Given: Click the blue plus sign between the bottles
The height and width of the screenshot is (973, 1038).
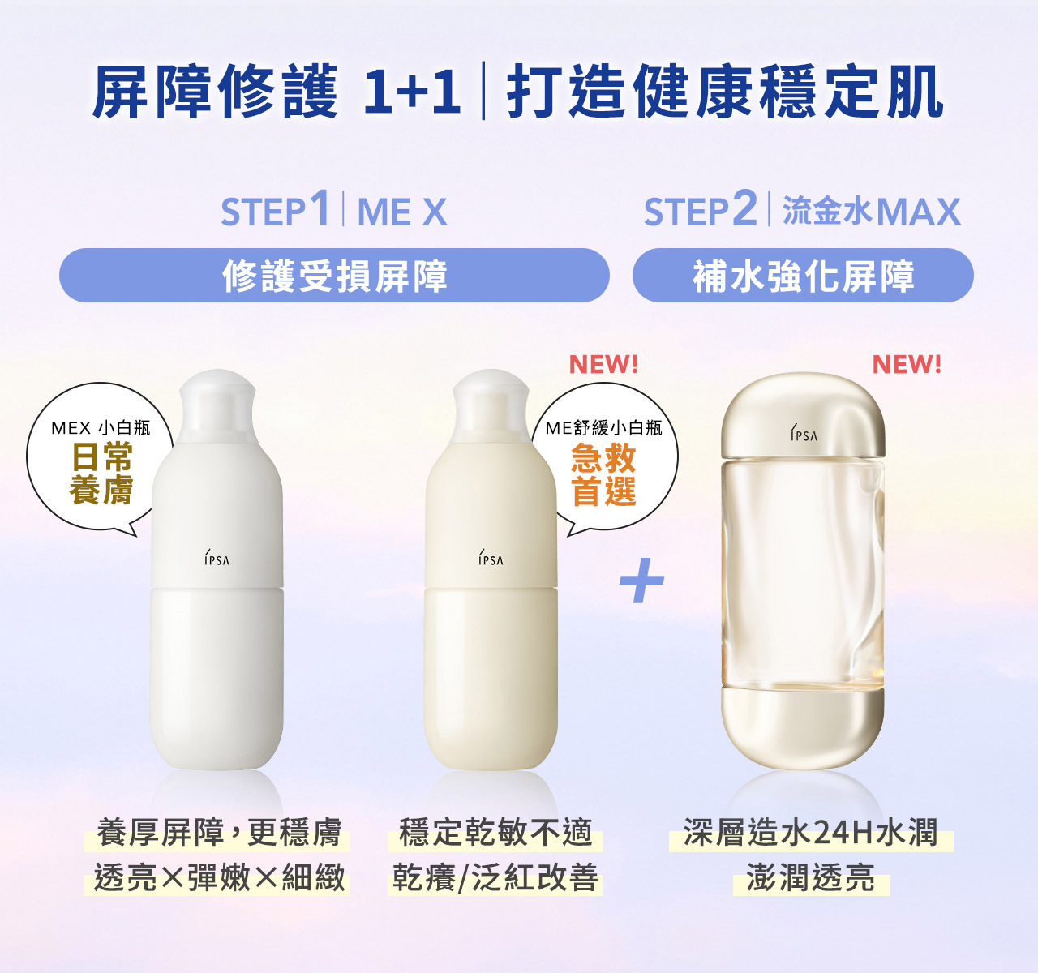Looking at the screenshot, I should coord(641,581).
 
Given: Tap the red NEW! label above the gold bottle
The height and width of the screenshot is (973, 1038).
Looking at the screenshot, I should coord(907,365).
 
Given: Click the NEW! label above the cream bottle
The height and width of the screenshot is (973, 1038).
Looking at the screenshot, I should coord(603,365).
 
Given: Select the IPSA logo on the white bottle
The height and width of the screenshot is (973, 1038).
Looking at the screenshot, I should coord(217,559).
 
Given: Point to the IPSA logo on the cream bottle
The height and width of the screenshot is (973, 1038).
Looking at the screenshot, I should coord(491,559).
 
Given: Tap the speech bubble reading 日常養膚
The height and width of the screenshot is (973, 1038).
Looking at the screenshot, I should coord(101,459).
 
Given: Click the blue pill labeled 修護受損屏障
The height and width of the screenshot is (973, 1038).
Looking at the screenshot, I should coord(334,276).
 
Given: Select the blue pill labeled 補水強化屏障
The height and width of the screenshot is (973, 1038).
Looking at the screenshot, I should coord(803,276).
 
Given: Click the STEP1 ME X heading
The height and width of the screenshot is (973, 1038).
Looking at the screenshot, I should coord(334,211).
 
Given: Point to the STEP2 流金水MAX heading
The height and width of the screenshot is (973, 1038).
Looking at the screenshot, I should coord(802,211).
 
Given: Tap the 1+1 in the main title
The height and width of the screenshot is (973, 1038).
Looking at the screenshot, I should coord(412,91).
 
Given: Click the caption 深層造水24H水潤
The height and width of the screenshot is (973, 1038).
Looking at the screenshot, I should coord(810,834).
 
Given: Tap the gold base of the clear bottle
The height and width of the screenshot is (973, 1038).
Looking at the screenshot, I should coord(803,726).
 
